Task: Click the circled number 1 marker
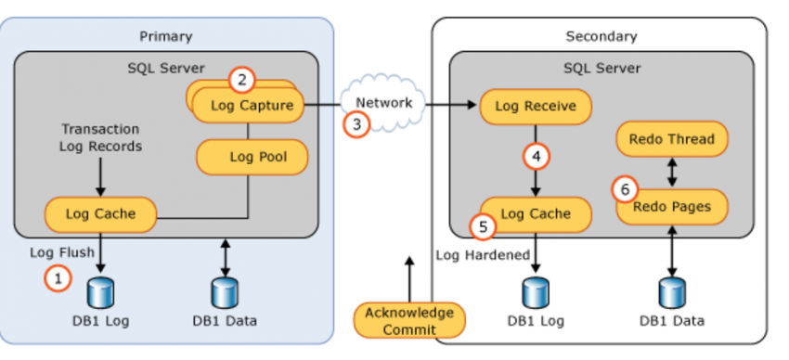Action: (58, 276)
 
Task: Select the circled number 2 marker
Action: (242, 80)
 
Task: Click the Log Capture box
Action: (252, 106)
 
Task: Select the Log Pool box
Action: (252, 157)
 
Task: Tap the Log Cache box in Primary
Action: (100, 214)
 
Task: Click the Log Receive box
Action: (535, 107)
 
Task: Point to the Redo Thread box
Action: (671, 139)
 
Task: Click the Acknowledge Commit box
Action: (409, 320)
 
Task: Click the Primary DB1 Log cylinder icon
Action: (99, 292)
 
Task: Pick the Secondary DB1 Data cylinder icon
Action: (671, 292)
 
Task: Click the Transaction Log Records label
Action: (99, 137)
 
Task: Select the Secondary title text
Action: (601, 36)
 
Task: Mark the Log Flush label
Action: (58, 252)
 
